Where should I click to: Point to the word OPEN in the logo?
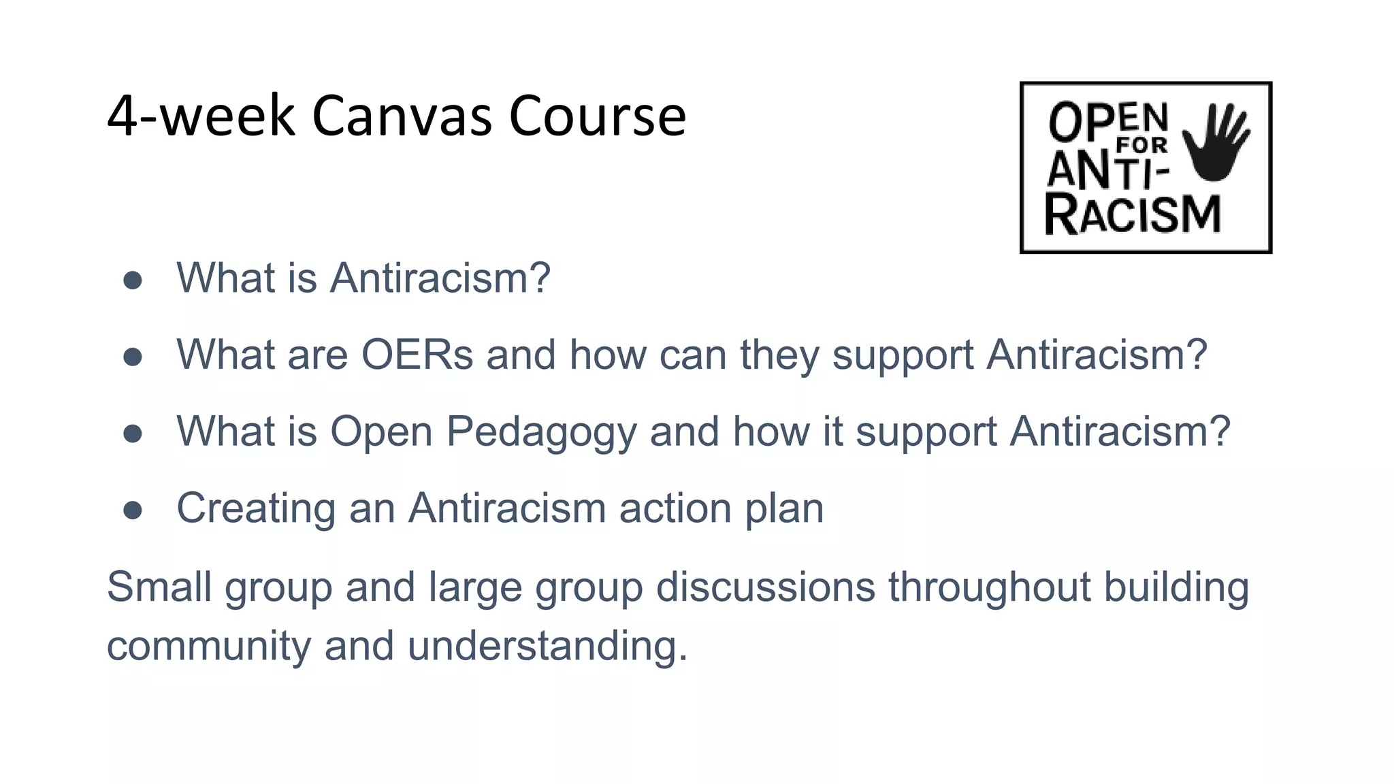click(1108, 121)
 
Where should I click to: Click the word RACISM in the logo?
click(1133, 215)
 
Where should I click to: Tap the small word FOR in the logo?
click(1141, 145)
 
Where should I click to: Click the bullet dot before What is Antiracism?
click(133, 280)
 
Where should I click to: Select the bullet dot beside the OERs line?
click(133, 357)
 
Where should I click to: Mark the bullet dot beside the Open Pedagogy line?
click(133, 434)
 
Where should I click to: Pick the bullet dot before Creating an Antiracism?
click(133, 510)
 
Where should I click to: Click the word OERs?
click(417, 355)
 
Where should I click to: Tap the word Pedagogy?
click(541, 433)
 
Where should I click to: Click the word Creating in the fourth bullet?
click(256, 509)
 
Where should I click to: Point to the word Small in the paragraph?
click(159, 586)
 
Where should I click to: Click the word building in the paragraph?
click(1176, 586)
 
